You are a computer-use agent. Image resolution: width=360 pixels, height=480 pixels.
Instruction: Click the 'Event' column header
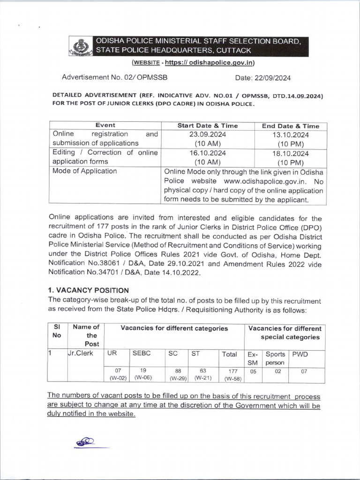pos(105,126)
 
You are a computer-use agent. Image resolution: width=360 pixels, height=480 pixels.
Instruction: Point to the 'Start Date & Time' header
pos(207,126)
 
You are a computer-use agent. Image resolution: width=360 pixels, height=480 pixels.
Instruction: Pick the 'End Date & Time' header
pos(291,126)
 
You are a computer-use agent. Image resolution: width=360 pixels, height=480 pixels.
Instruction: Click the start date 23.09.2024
pos(207,134)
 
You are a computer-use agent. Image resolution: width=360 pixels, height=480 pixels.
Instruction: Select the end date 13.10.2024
pos(291,134)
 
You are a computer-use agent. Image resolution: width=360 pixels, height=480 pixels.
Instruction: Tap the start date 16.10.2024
pos(207,153)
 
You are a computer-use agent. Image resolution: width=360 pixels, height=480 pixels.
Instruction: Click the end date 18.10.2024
pos(291,153)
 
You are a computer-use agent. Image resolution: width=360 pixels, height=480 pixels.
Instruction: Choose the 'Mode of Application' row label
pos(85,171)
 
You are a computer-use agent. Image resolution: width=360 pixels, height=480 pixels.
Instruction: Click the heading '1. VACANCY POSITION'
pos(89,290)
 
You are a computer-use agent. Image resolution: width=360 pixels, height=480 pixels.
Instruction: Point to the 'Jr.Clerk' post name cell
pos(81,354)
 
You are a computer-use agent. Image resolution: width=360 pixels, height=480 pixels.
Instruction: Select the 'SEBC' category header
pos(142,354)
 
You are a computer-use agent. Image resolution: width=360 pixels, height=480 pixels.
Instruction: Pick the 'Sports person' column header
pos(275,359)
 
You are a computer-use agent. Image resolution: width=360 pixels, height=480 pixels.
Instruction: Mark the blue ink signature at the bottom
pos(86,442)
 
